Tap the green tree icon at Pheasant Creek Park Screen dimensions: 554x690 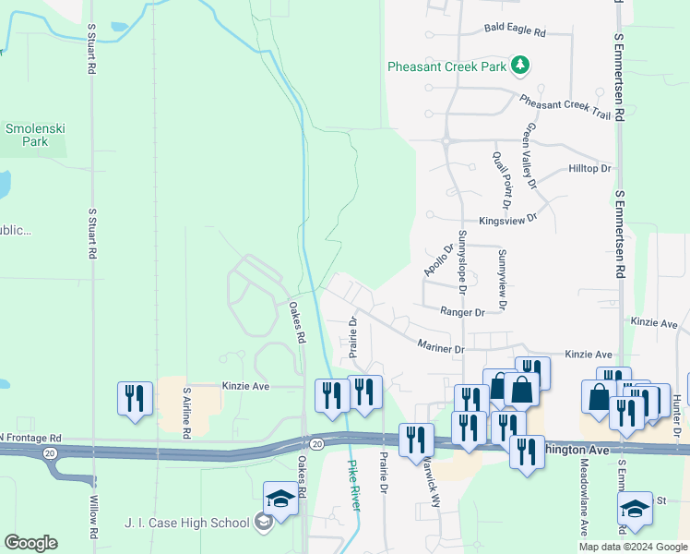[x=521, y=65]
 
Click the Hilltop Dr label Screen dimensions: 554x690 [x=590, y=169]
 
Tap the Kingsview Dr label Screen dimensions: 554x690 [x=507, y=221]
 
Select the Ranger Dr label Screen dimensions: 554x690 [x=462, y=313]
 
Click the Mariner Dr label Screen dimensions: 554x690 [x=440, y=349]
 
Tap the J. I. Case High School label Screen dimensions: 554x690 [x=187, y=524]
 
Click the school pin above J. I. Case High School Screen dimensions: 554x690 [x=280, y=500]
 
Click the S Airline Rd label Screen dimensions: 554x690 [x=186, y=411]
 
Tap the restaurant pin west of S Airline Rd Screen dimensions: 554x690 [x=135, y=398]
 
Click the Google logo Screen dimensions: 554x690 [x=30, y=543]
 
